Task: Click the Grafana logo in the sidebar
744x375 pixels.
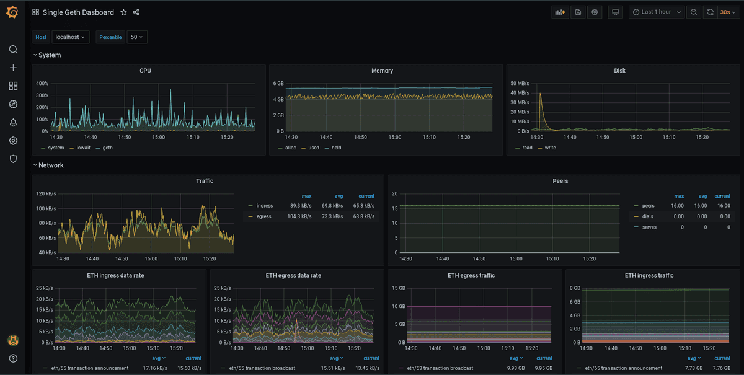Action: tap(12, 12)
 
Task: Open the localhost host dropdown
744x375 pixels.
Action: tap(70, 37)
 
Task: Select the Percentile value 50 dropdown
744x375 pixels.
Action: tap(136, 37)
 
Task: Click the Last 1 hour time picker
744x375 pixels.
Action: tap(656, 12)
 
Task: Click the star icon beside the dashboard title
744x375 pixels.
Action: tap(123, 12)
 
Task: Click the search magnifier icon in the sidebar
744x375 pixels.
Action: tap(13, 50)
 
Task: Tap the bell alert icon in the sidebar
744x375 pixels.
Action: tap(13, 123)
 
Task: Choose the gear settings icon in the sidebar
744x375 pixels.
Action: tap(13, 141)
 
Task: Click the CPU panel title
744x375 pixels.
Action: tap(145, 71)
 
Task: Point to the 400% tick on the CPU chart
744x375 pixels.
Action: tap(42, 83)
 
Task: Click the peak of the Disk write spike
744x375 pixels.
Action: tap(540, 94)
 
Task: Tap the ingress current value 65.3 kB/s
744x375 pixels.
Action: tap(363, 205)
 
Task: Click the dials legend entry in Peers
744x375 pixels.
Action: tap(648, 216)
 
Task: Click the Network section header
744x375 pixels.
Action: tap(51, 165)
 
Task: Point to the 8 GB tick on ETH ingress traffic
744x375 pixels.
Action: tap(574, 288)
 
